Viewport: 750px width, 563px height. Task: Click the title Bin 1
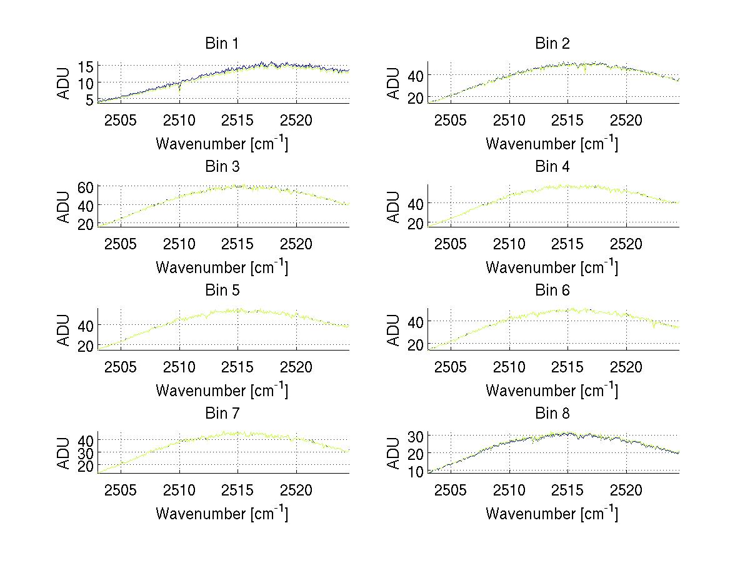222,44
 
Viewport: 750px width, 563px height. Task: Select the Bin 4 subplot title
552,167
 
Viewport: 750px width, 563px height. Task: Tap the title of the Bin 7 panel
222,414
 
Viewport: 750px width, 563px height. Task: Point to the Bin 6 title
552,291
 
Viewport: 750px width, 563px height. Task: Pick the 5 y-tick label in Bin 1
90,99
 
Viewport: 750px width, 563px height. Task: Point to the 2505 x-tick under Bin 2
451,121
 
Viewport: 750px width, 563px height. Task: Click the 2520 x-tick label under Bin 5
296,367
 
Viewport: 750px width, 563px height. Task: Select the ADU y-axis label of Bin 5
64,329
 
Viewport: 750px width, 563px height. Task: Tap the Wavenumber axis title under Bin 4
552,267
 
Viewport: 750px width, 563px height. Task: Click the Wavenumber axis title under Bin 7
222,514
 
